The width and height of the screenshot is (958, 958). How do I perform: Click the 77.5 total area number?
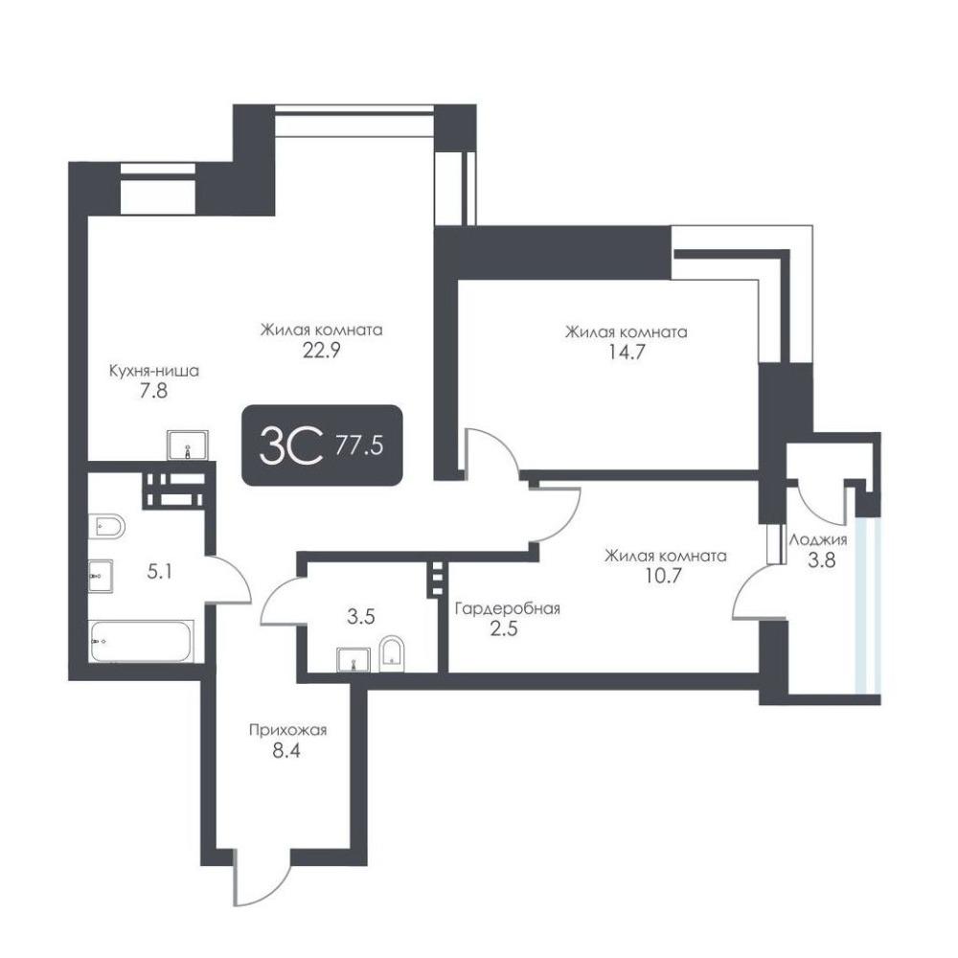point(359,445)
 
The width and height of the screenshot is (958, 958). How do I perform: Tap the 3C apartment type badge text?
point(291,445)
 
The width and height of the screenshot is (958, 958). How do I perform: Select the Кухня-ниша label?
point(154,370)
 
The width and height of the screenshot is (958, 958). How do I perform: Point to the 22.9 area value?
point(321,351)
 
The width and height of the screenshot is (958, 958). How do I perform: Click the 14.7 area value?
point(627,353)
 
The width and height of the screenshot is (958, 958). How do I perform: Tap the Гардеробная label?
point(508,608)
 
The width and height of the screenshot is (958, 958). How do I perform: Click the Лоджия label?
point(819,539)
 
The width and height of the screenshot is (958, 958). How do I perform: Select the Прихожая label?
point(287,729)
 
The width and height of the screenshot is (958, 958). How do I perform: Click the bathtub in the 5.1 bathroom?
point(141,641)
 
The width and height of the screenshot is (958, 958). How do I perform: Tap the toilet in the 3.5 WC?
point(392,653)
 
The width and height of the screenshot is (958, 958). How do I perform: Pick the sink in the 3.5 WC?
point(354,660)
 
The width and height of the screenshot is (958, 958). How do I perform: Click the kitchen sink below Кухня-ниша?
point(188,445)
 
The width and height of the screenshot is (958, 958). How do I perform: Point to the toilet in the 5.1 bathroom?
point(107,526)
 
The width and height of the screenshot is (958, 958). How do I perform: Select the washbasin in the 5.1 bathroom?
point(101,575)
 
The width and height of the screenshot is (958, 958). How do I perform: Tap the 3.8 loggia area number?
point(821,559)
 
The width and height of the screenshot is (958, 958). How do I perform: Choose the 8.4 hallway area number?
point(286,750)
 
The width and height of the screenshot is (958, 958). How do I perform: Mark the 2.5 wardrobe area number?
point(504,628)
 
